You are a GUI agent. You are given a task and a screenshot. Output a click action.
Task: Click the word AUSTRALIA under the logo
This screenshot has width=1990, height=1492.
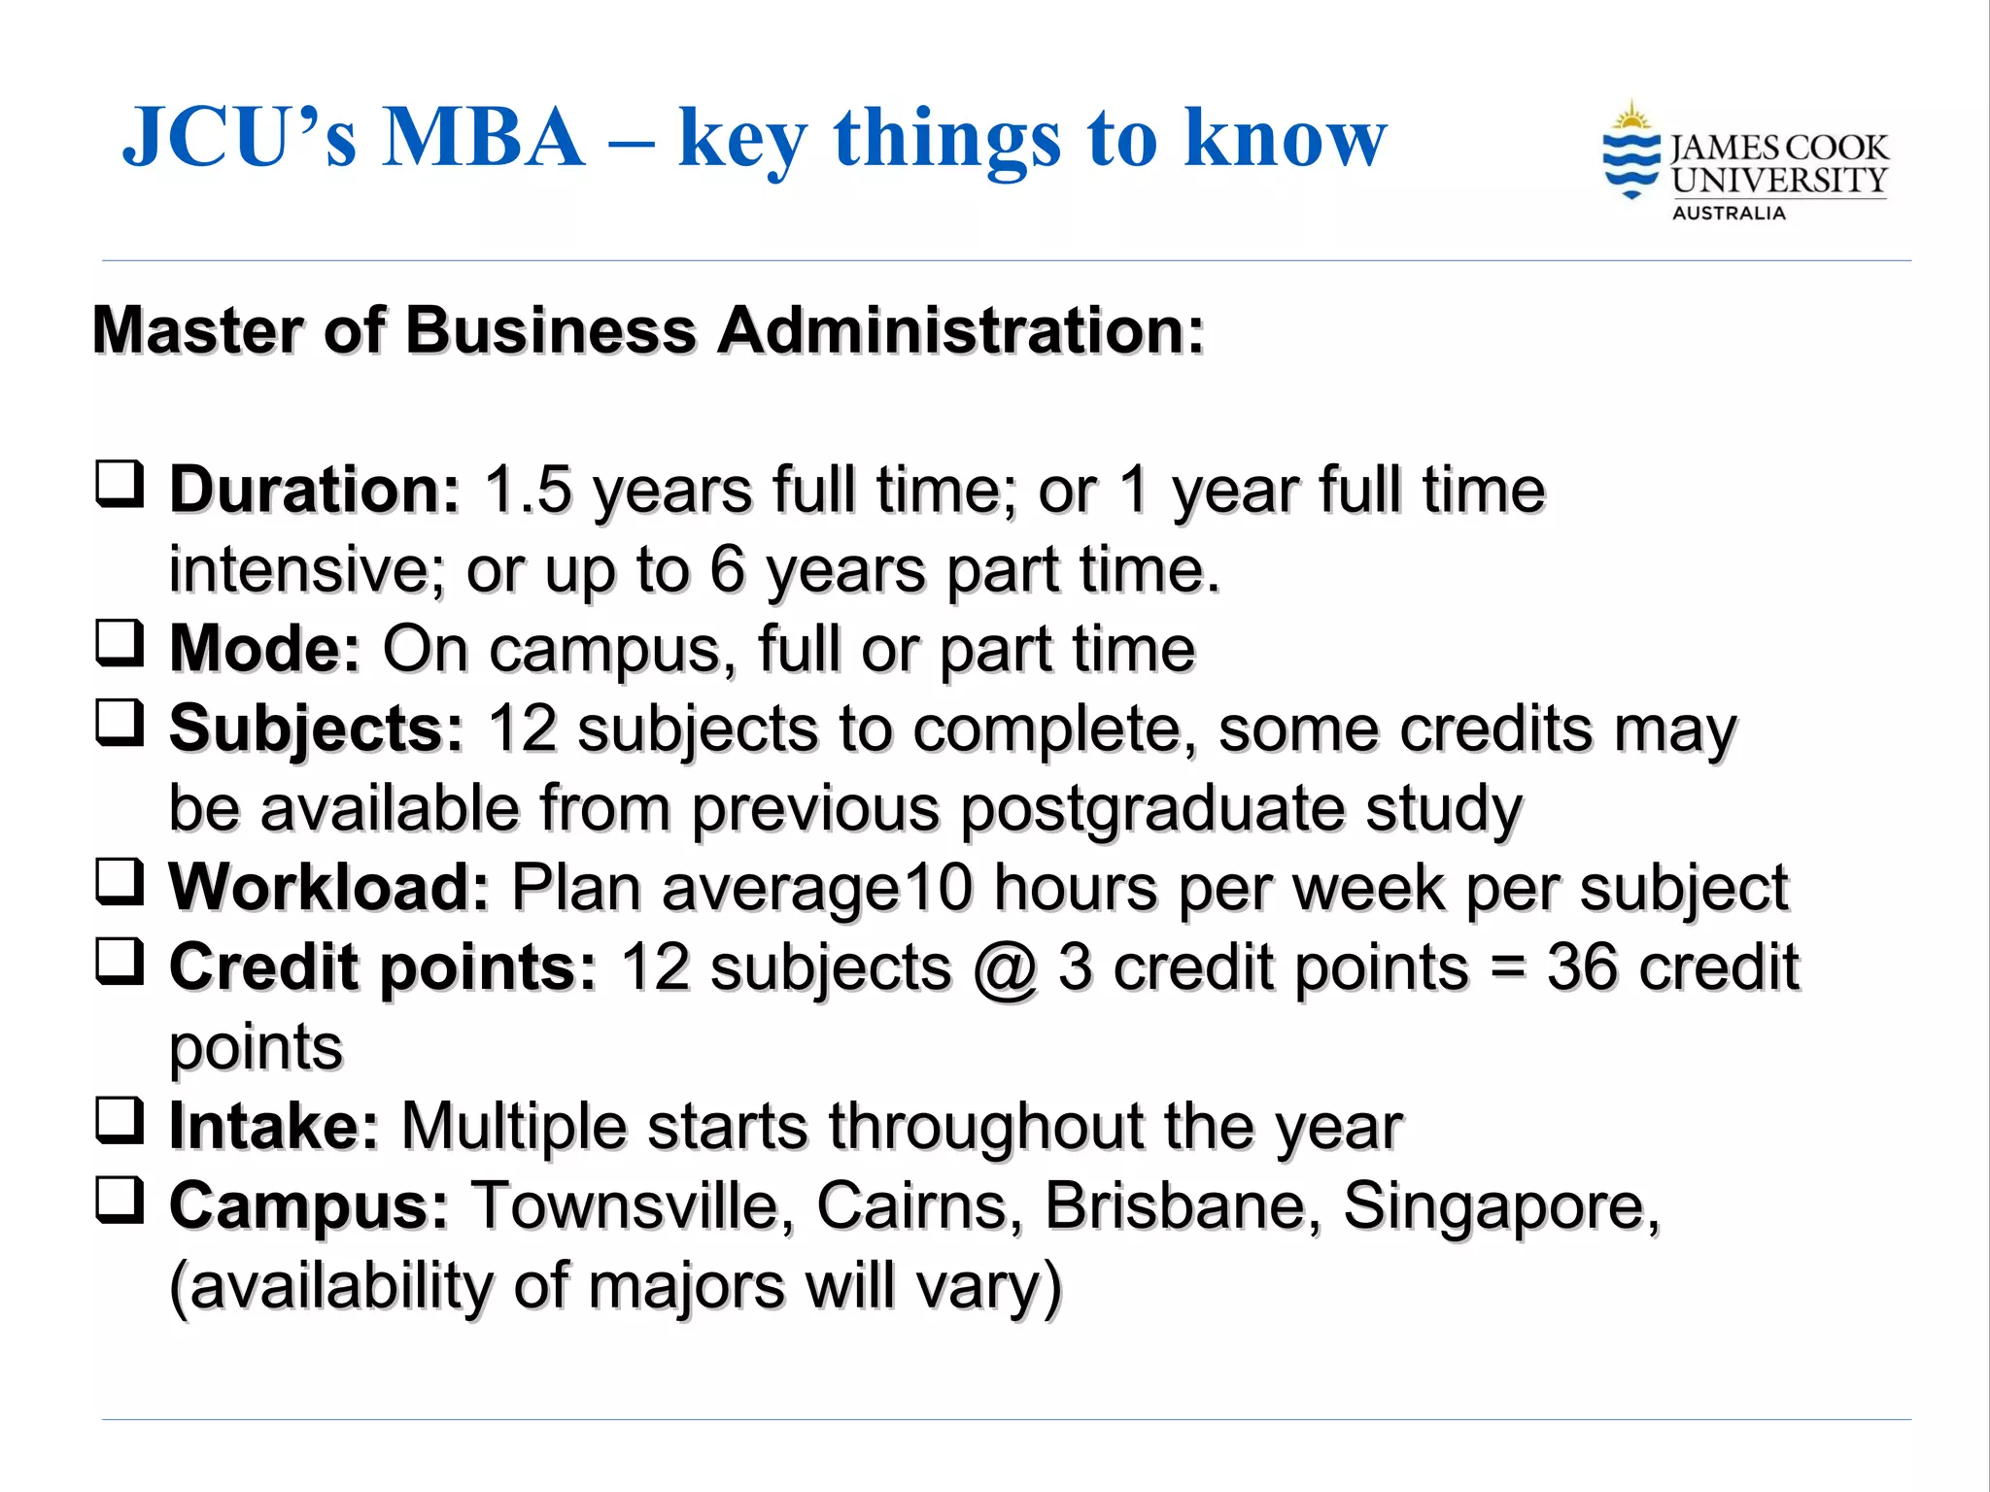click(1729, 214)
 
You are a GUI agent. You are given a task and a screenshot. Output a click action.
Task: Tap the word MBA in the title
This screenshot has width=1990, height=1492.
click(484, 138)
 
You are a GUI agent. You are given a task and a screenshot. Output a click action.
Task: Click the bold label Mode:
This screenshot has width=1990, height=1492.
click(265, 649)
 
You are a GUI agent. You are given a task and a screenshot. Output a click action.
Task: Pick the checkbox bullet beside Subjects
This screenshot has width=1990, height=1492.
click(120, 723)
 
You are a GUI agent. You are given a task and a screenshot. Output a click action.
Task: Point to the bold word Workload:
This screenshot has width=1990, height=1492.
click(329, 888)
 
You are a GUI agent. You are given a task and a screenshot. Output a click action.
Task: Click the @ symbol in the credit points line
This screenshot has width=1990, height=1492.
click(1005, 969)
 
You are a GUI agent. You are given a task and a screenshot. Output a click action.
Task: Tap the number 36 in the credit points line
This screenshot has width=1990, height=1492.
click(1584, 967)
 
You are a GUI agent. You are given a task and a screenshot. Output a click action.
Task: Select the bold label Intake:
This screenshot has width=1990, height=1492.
click(274, 1127)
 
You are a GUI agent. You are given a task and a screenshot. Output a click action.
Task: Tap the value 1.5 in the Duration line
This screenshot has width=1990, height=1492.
click(528, 490)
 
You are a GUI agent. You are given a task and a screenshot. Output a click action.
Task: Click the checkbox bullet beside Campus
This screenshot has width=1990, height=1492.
click(120, 1201)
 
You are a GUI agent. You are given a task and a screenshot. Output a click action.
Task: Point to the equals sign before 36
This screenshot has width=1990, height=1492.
click(1507, 969)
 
